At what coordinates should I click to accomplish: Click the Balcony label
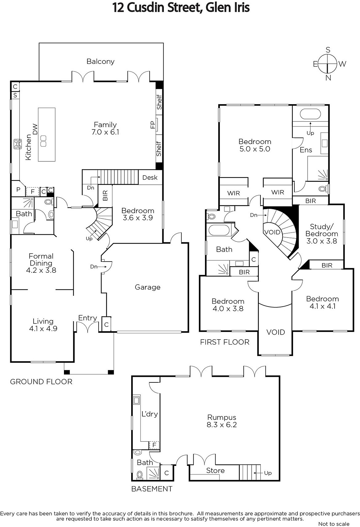(101, 61)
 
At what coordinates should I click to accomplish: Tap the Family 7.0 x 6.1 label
(105, 128)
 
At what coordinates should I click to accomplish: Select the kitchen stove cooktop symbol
(18, 144)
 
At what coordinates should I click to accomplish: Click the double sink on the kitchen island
(43, 141)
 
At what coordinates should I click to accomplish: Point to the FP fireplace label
(153, 125)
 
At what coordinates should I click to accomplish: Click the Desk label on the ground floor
(150, 178)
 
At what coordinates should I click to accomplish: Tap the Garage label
(148, 287)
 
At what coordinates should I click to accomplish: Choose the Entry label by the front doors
(88, 318)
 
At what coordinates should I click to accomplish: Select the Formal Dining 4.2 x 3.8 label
(41, 263)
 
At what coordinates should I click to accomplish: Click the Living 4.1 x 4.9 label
(43, 325)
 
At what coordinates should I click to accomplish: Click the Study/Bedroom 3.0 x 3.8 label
(322, 234)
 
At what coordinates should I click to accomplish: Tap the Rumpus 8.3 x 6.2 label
(222, 421)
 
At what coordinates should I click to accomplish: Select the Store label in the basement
(215, 470)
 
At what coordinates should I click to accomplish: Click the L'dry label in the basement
(150, 414)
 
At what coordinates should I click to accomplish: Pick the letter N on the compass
(328, 78)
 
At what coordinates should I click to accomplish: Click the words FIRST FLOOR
(225, 342)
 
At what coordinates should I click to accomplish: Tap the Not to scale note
(334, 524)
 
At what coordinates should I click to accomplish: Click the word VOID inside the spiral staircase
(272, 232)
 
